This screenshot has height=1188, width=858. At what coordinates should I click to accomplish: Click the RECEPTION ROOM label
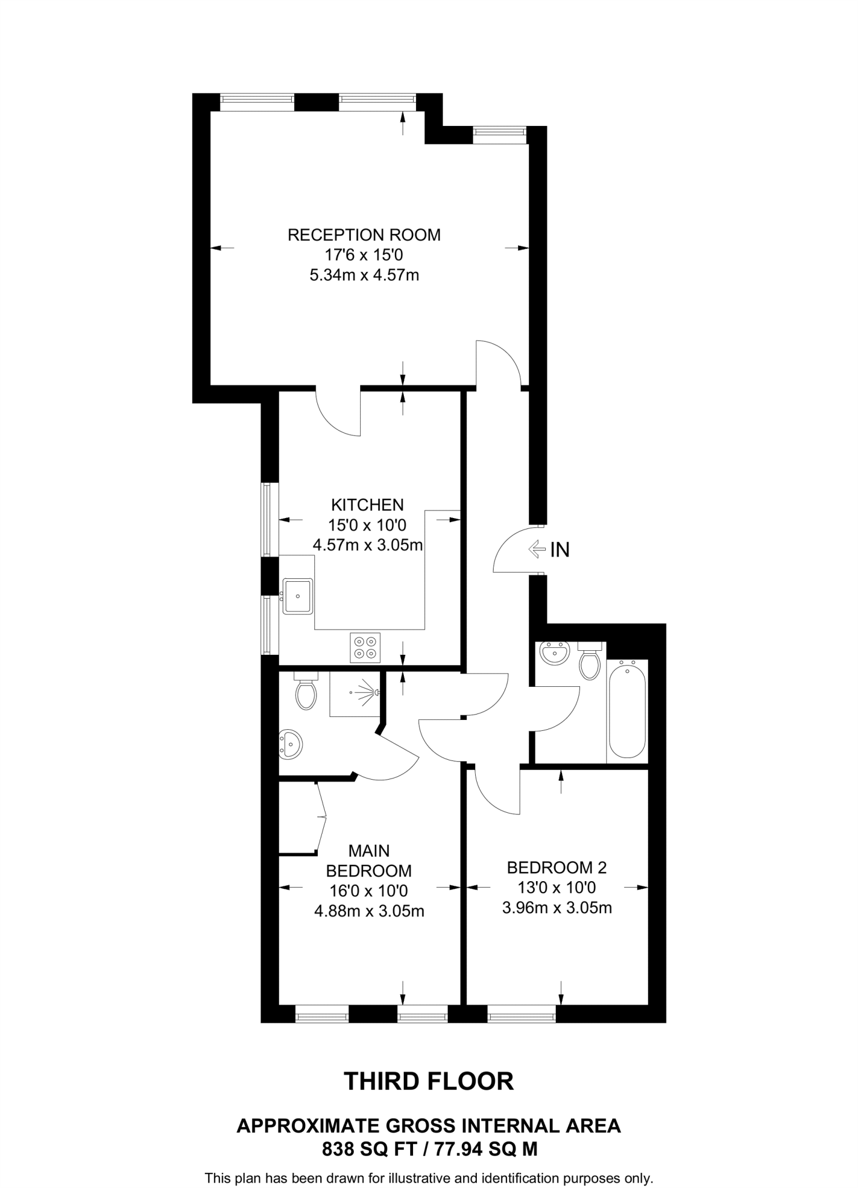pos(364,235)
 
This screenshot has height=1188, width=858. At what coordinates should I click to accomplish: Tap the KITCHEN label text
pos(367,504)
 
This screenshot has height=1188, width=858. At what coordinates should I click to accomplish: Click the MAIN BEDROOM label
pos(368,861)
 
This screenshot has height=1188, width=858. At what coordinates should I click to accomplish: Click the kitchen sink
pos(298,596)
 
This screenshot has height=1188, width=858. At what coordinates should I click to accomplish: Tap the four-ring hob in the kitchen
pos(365,647)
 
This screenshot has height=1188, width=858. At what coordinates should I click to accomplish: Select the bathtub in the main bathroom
pos(627,711)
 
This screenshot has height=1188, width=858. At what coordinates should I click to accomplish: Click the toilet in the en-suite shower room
pos(306,693)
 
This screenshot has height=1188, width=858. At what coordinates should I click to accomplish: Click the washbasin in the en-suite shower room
pos(290,744)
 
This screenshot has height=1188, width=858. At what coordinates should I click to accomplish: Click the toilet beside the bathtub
pos(590,662)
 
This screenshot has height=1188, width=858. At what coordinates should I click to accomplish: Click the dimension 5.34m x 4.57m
pos(364,274)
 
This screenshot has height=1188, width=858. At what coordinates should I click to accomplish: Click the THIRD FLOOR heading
pos(429,1082)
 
